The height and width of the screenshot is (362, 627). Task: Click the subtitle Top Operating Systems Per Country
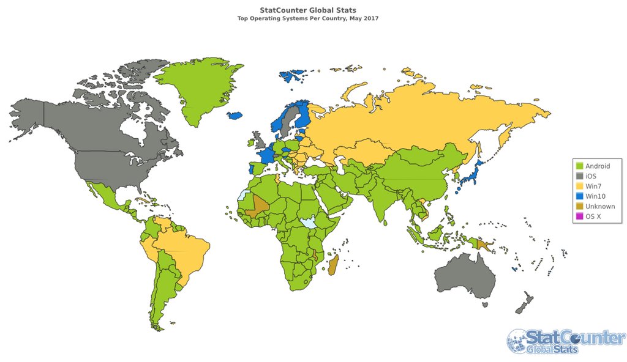pos(308,18)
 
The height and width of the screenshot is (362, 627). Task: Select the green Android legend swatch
pos(579,166)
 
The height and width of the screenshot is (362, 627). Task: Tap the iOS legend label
pos(591,176)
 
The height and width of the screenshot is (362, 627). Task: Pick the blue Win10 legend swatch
pos(579,196)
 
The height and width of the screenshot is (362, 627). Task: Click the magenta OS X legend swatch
pos(579,216)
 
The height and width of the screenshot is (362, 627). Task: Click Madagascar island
pos(334,266)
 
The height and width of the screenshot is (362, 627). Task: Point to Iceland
pos(235,116)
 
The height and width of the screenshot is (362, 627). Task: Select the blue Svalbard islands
pos(293,76)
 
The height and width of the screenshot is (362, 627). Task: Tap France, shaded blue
pos(265,155)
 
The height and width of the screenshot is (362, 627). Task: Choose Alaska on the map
pos(28,119)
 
